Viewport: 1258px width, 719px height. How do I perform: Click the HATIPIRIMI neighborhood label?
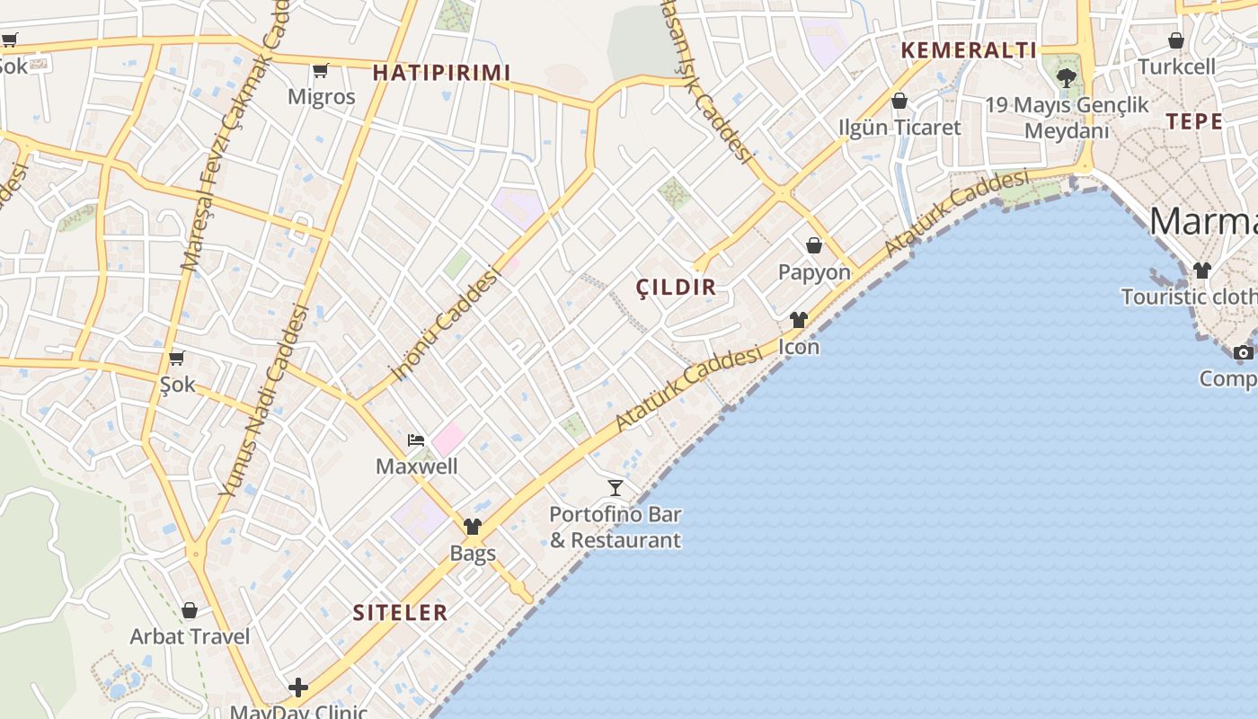[441, 73]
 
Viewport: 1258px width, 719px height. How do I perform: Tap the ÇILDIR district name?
[676, 288]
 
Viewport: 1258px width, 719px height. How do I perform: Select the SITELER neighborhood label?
[400, 613]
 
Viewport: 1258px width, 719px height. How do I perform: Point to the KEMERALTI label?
[969, 50]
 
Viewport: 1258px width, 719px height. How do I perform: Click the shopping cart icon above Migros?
[320, 70]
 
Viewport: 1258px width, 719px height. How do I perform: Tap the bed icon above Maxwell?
[415, 439]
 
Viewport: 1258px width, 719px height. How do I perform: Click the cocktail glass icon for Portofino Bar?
[616, 488]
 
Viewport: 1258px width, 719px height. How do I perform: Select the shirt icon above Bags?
[473, 527]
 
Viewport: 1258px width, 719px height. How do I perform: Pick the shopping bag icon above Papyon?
[814, 245]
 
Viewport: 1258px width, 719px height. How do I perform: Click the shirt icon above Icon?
[799, 320]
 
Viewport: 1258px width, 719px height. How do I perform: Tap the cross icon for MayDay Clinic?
[298, 688]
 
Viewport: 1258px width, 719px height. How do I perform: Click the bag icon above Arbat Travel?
[190, 611]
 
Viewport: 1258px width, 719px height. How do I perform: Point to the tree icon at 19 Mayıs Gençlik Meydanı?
[1067, 77]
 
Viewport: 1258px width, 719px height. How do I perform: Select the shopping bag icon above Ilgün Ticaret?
[899, 101]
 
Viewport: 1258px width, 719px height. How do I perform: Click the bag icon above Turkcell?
[1176, 40]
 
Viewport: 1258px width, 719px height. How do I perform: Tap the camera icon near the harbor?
[1244, 352]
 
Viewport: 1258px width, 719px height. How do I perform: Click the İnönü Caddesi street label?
[443, 324]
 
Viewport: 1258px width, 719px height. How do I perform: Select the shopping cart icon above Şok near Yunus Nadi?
[177, 358]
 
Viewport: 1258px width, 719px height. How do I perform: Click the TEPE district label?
[1194, 121]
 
